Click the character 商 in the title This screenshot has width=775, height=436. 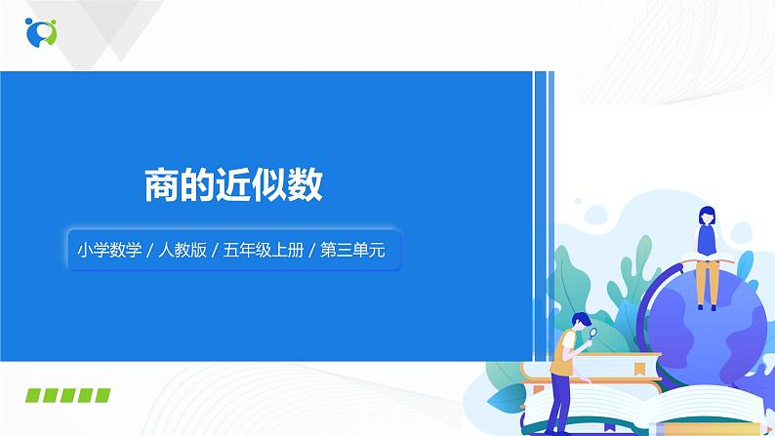point(162,185)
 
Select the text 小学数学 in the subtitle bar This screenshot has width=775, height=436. point(106,250)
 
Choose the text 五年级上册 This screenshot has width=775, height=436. point(262,250)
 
